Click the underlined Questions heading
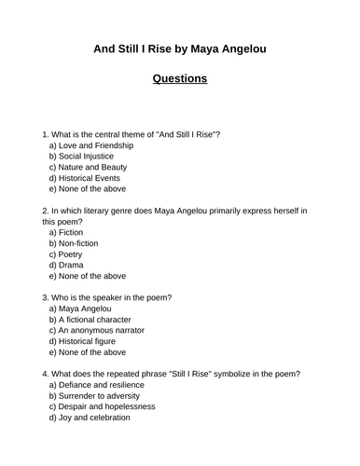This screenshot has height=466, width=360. [180, 78]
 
